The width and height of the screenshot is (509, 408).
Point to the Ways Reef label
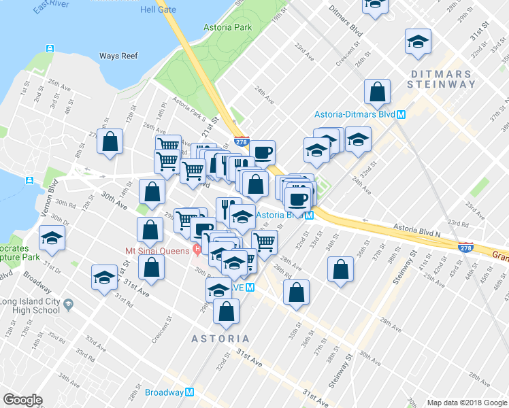pyautogui.click(x=118, y=55)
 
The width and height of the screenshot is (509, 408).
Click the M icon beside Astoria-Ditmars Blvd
pyautogui.click(x=401, y=115)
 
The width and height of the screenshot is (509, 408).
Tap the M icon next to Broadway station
pyautogui.click(x=190, y=392)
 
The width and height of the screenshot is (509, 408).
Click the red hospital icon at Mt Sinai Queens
pyautogui.click(x=197, y=250)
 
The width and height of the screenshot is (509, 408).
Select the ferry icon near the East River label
pyautogui.click(x=50, y=49)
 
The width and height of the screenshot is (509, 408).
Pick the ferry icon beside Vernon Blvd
pyautogui.click(x=29, y=180)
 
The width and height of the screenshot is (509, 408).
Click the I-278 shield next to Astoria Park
pyautogui.click(x=241, y=141)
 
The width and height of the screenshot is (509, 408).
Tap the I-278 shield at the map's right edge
pyautogui.click(x=465, y=249)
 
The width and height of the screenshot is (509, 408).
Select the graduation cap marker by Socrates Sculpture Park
pyautogui.click(x=50, y=239)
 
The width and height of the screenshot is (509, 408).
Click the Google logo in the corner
pyautogui.click(x=23, y=399)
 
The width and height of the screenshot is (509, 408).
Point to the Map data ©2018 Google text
pyautogui.click(x=467, y=403)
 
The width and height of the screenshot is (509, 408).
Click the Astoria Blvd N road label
pyautogui.click(x=420, y=230)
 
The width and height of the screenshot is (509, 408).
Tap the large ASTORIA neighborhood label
pyautogui.click(x=220, y=338)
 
